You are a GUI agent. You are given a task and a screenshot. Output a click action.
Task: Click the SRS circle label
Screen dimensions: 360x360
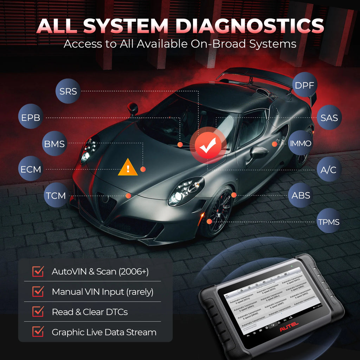click(68, 91)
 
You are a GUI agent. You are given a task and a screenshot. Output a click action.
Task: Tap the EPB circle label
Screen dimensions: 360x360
click(31, 117)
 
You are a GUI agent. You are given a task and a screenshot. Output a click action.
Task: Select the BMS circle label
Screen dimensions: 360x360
click(54, 143)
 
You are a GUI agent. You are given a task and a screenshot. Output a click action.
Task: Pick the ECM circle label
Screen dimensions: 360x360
click(31, 169)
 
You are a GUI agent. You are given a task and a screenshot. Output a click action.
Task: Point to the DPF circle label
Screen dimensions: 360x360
click(305, 85)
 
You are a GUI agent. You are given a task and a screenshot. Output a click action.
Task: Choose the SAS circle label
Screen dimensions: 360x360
click(329, 117)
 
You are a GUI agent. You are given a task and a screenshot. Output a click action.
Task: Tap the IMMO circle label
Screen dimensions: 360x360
click(300, 143)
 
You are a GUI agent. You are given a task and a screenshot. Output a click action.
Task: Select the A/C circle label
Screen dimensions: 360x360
click(328, 169)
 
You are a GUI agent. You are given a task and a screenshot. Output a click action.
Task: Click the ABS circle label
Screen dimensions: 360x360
click(301, 195)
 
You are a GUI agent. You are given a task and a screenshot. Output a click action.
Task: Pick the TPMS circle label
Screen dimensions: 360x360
click(328, 221)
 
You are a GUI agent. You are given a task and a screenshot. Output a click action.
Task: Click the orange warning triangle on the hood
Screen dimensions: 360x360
click(128, 168)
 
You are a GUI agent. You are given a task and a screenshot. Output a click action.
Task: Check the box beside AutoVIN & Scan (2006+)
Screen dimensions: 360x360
click(38, 271)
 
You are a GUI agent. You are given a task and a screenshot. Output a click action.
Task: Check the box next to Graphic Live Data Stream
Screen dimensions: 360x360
click(38, 332)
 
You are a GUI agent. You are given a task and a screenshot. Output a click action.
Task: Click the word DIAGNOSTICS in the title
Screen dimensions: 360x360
click(250, 26)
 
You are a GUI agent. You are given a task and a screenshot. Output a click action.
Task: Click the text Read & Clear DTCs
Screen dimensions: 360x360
click(90, 312)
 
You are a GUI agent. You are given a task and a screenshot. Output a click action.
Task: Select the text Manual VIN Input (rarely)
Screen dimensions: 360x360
click(102, 291)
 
